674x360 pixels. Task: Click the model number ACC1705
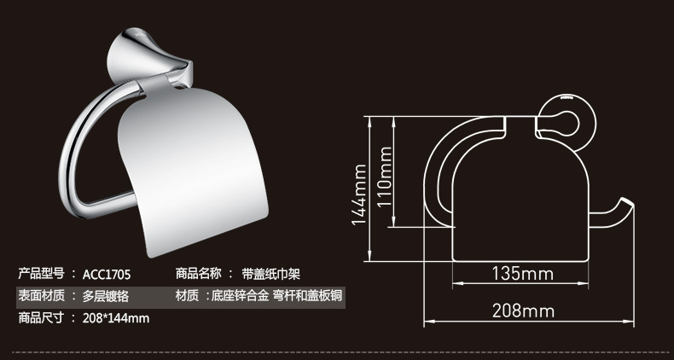[106, 274]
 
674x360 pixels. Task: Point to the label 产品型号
[41, 274]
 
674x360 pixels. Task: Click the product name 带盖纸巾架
[271, 274]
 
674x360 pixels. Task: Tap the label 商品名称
[198, 274]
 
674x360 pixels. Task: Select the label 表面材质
[41, 296]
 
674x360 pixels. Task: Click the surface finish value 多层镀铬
[106, 296]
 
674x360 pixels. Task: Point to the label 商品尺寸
[41, 318]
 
